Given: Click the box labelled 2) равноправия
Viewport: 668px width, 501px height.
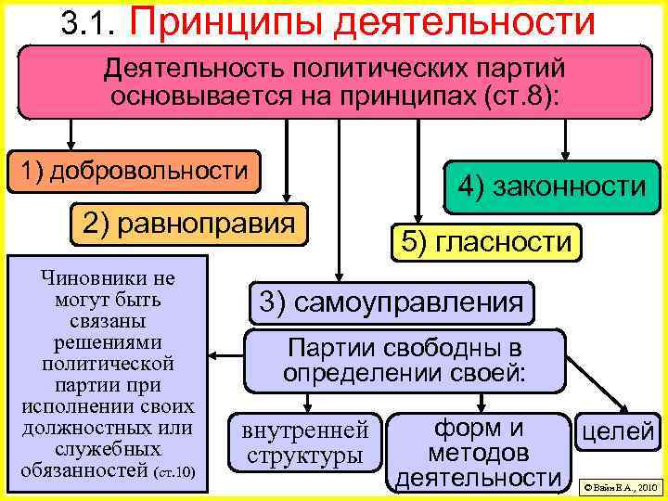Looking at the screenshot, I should (x=189, y=223).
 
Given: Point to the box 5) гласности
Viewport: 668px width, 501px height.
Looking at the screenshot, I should (x=486, y=242).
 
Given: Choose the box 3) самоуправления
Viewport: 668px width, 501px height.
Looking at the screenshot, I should (x=390, y=302).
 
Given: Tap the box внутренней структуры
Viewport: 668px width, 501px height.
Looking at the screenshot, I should (x=305, y=443).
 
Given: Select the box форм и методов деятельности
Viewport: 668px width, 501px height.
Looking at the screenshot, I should (x=479, y=453).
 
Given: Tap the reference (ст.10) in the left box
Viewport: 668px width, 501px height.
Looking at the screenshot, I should (x=176, y=471).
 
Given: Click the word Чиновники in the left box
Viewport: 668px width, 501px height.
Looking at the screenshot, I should (x=104, y=277).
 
